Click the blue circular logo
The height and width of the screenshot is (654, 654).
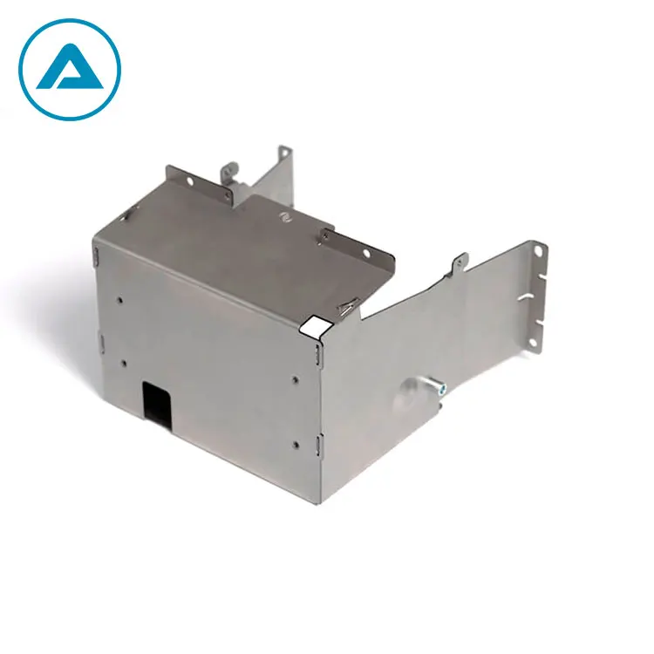(70, 69)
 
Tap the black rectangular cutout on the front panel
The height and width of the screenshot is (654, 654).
(158, 404)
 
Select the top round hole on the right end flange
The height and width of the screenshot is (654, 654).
(539, 252)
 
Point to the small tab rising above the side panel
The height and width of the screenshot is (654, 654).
(460, 261)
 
